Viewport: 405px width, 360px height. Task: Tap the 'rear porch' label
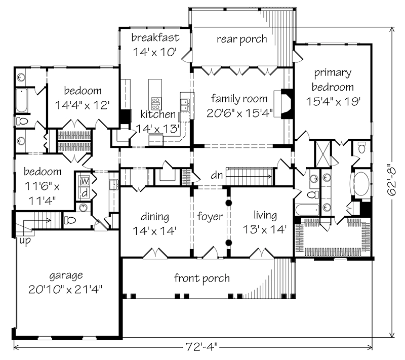[242, 39]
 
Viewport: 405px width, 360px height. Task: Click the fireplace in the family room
[287, 104]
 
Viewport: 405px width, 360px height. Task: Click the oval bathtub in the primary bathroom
[361, 184]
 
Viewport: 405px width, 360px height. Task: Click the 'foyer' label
[210, 217]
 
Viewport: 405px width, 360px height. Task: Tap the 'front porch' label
[202, 278]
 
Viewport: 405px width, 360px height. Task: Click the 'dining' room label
[155, 217]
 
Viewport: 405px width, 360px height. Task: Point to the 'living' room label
[265, 216]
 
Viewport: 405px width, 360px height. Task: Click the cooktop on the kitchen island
[154, 100]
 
